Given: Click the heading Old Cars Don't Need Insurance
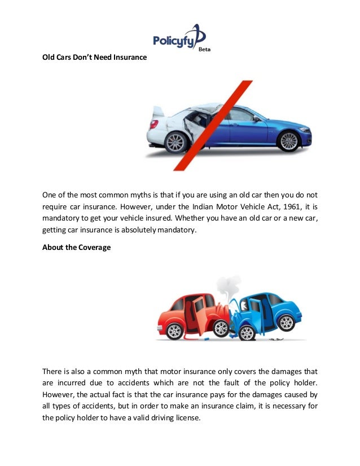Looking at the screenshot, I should tap(94, 58).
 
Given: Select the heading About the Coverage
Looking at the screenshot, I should tap(76, 247).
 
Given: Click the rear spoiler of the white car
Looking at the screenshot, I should tap(158, 112).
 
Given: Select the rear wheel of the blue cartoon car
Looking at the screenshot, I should tap(286, 323).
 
